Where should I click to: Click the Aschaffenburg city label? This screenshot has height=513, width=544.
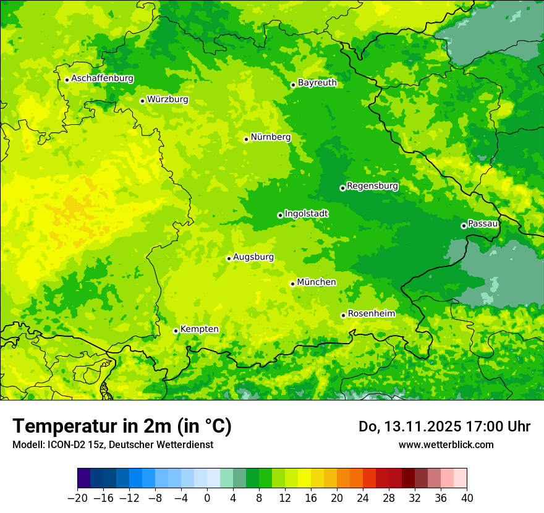pos(102,78)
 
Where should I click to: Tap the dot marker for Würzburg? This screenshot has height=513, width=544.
pos(142,101)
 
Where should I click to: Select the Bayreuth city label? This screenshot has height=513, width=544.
pos(317,83)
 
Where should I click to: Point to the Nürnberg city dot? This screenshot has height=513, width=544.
pos(246,139)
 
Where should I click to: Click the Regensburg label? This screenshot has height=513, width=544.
pos(372,186)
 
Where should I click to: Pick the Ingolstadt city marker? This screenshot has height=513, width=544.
pos(280,215)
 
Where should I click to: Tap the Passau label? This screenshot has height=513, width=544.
pos(483,224)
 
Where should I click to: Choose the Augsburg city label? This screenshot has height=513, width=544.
pos(253,257)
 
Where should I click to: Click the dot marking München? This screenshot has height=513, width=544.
pos(292,284)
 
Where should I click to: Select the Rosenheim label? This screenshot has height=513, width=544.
pos(371,314)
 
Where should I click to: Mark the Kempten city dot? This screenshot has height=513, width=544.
pos(176,331)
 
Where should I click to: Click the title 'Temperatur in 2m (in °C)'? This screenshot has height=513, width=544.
pos(122,426)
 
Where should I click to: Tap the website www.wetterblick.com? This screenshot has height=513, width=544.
pos(446,444)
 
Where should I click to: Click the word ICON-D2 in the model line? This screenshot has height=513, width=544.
pos(62,444)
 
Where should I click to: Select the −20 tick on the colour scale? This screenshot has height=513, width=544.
pos(77,498)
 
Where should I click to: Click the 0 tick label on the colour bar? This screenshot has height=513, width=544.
pos(207,498)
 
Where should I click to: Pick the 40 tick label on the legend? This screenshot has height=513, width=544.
pos(467,498)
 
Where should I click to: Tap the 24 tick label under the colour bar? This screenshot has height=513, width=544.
pos(363,498)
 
